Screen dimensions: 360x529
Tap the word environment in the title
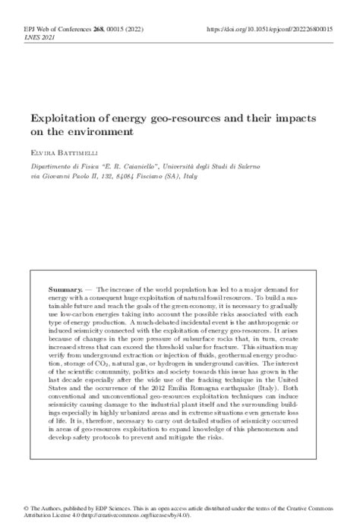coord(106,132)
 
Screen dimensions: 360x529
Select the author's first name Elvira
coord(40,151)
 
